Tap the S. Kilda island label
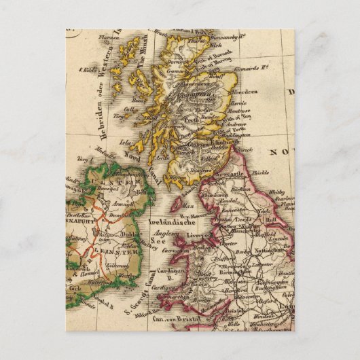(x=89, y=69)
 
